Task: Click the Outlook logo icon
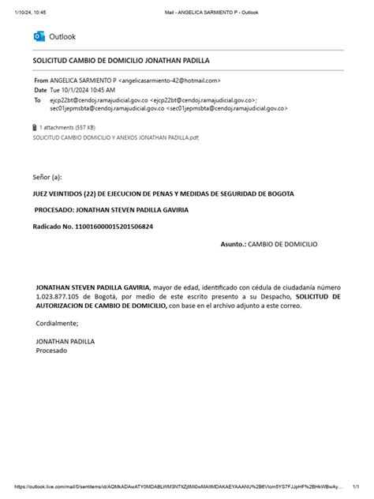(39, 36)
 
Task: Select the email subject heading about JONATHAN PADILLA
(121, 60)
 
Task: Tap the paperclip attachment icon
(34, 127)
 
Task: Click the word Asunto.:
(234, 245)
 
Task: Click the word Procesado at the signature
(52, 350)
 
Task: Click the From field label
(40, 81)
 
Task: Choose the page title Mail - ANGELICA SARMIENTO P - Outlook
(211, 12)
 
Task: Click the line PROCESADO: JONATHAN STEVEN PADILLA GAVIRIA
(111, 210)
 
